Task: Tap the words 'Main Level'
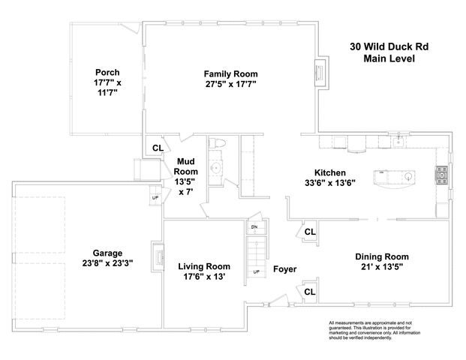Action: [389, 58]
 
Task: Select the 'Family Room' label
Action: [230, 74]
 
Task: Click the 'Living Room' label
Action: [204, 266]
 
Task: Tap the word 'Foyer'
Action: [284, 269]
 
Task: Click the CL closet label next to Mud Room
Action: [158, 148]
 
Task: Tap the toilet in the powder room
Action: [219, 143]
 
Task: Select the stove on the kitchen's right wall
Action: [440, 175]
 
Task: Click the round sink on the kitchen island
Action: [409, 177]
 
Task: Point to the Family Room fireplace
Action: [321, 73]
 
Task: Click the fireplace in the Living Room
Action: [158, 257]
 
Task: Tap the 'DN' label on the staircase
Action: [254, 226]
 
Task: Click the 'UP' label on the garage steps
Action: [155, 197]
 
